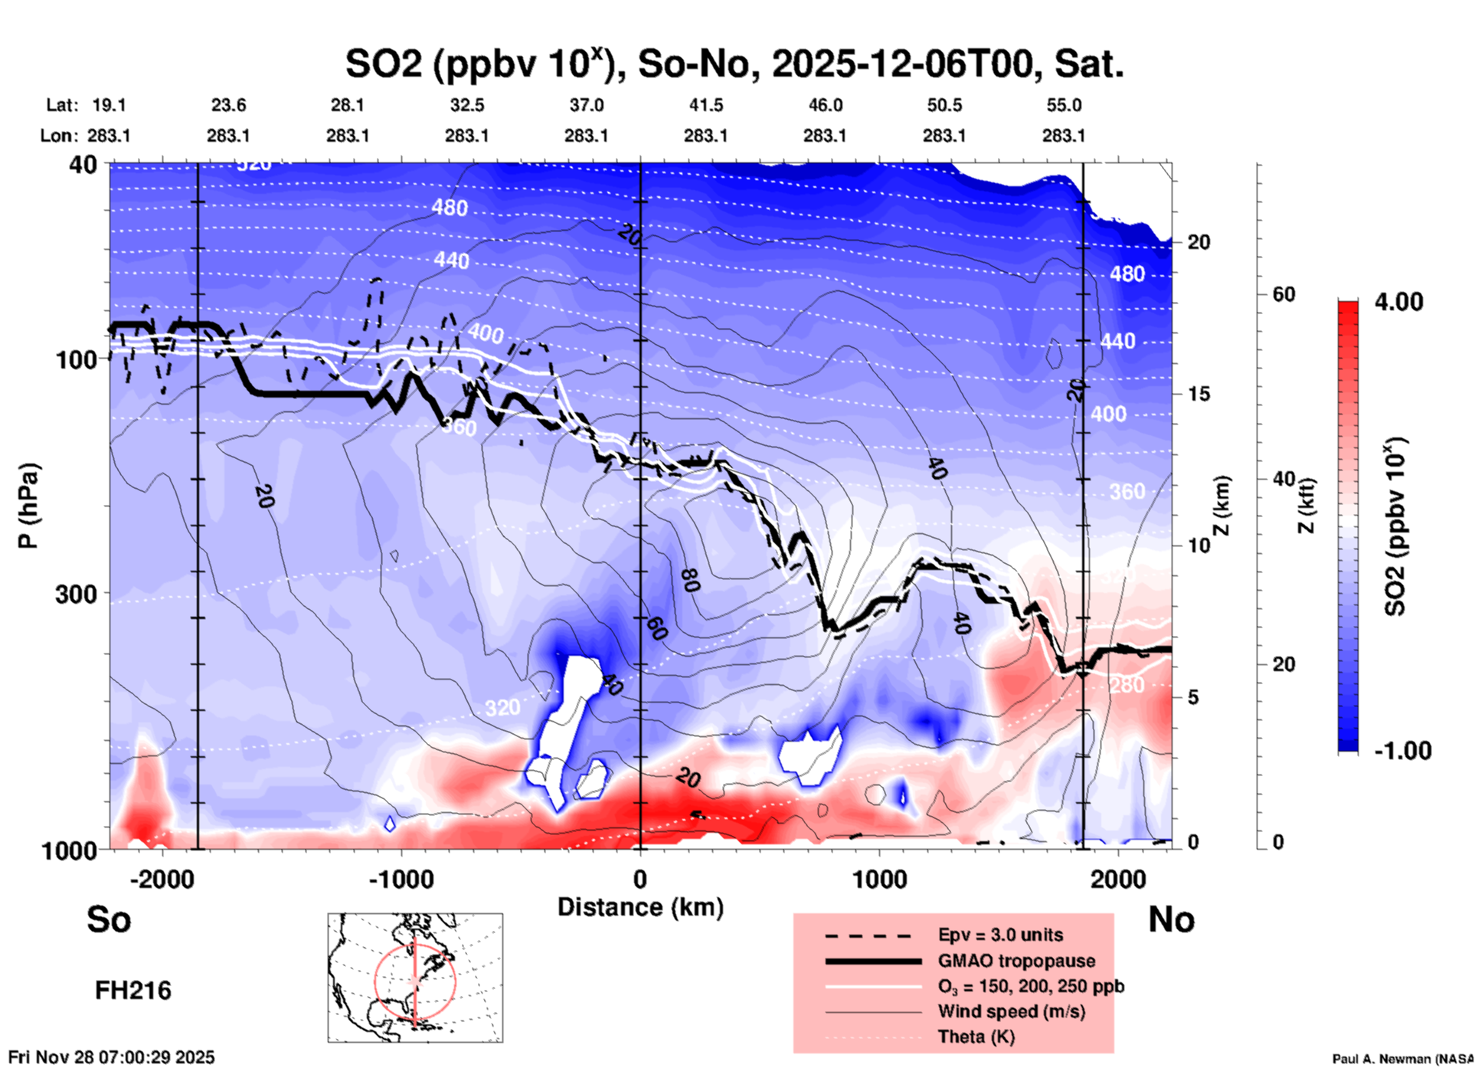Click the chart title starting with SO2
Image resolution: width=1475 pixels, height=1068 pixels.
point(734,64)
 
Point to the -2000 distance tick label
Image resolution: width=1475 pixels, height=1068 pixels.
point(162,880)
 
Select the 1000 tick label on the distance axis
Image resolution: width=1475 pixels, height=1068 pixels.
point(878,880)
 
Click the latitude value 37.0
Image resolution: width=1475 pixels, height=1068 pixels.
point(586,105)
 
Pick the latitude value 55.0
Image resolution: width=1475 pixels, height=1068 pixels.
point(1063,105)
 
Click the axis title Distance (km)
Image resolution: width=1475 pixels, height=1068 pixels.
point(640,907)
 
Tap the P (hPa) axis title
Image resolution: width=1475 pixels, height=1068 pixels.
point(28,506)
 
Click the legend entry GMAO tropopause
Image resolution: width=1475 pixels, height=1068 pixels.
point(1016,961)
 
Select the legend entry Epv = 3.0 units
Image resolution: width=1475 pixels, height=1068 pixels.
point(1000,935)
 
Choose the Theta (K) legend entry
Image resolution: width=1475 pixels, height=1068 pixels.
point(976,1037)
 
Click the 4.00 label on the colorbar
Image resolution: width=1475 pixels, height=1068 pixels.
point(1398,301)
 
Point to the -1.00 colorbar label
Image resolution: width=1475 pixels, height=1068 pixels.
point(1401,750)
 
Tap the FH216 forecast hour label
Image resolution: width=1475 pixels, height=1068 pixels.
point(132,991)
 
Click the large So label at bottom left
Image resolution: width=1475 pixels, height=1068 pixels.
point(109,919)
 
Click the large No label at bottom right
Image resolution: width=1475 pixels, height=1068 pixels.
point(1171,919)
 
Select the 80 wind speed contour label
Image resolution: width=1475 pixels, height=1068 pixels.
point(689,580)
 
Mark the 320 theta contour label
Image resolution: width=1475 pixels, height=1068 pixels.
point(502,707)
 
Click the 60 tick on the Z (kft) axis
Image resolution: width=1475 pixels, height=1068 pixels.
point(1284,294)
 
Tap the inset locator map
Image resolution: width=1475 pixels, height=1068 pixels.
point(415,977)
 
